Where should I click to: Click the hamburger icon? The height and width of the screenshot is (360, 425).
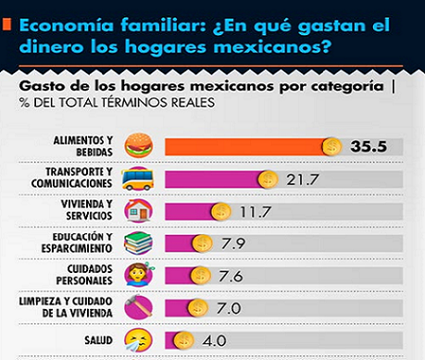139,145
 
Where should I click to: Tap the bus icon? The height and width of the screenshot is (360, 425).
138,179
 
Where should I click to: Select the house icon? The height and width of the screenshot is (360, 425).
139,210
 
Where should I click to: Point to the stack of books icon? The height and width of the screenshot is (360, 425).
138,243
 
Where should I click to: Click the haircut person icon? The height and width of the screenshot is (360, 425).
139,275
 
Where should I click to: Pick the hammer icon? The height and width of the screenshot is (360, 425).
139,306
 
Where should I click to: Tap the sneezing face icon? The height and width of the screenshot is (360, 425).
138,340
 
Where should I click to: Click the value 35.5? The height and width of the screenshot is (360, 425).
369,146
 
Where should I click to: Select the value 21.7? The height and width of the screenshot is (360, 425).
302,180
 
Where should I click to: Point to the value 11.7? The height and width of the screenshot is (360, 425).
256,212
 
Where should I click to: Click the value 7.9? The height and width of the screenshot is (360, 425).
233,243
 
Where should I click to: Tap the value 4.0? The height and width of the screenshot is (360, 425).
214,341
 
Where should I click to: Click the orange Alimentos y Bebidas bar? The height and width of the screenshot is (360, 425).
248,147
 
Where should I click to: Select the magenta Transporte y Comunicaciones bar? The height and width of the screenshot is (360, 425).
216,180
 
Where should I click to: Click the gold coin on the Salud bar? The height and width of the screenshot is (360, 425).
183,341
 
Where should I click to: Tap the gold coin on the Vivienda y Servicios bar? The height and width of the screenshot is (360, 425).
221,212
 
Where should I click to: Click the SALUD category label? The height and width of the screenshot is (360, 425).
98,340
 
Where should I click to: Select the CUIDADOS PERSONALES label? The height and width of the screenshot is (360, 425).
84,275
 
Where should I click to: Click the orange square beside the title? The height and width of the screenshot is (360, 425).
6,24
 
